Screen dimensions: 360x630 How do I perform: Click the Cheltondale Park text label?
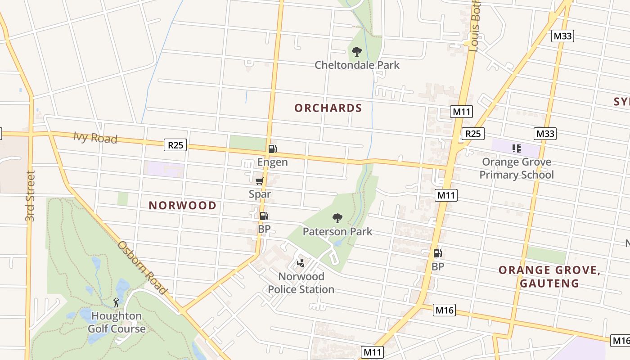click(x=357, y=65)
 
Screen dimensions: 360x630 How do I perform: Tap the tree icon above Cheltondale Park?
click(x=357, y=52)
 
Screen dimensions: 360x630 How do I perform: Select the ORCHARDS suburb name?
click(x=328, y=108)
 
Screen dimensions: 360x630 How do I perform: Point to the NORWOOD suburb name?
click(x=183, y=206)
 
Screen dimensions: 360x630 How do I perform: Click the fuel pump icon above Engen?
click(x=272, y=149)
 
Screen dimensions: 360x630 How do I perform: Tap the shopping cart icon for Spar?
click(x=259, y=181)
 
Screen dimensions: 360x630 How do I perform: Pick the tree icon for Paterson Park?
click(x=337, y=218)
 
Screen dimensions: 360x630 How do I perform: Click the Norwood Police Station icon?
click(x=301, y=263)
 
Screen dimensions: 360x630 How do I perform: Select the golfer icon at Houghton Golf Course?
click(x=116, y=302)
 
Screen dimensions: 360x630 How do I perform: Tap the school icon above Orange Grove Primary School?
click(x=516, y=148)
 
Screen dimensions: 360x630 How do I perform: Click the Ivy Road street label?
click(x=95, y=138)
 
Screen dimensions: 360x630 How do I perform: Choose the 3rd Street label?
click(x=30, y=196)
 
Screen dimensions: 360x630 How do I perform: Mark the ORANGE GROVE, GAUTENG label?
click(x=549, y=277)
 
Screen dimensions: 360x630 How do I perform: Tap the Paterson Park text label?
click(x=337, y=231)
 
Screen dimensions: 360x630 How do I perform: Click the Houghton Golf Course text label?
click(x=117, y=322)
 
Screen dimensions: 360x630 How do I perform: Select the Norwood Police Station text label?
click(x=301, y=283)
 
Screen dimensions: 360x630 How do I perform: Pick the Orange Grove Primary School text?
click(x=517, y=168)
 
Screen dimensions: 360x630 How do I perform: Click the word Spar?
click(x=260, y=194)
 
